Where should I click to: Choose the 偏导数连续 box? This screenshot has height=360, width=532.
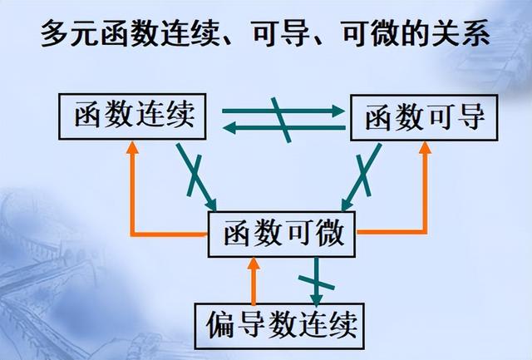(283, 324)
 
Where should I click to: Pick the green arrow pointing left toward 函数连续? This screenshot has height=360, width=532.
(249, 127)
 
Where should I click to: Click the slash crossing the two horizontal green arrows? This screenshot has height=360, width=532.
(280, 118)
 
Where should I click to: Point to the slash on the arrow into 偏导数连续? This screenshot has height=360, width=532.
(316, 270)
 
